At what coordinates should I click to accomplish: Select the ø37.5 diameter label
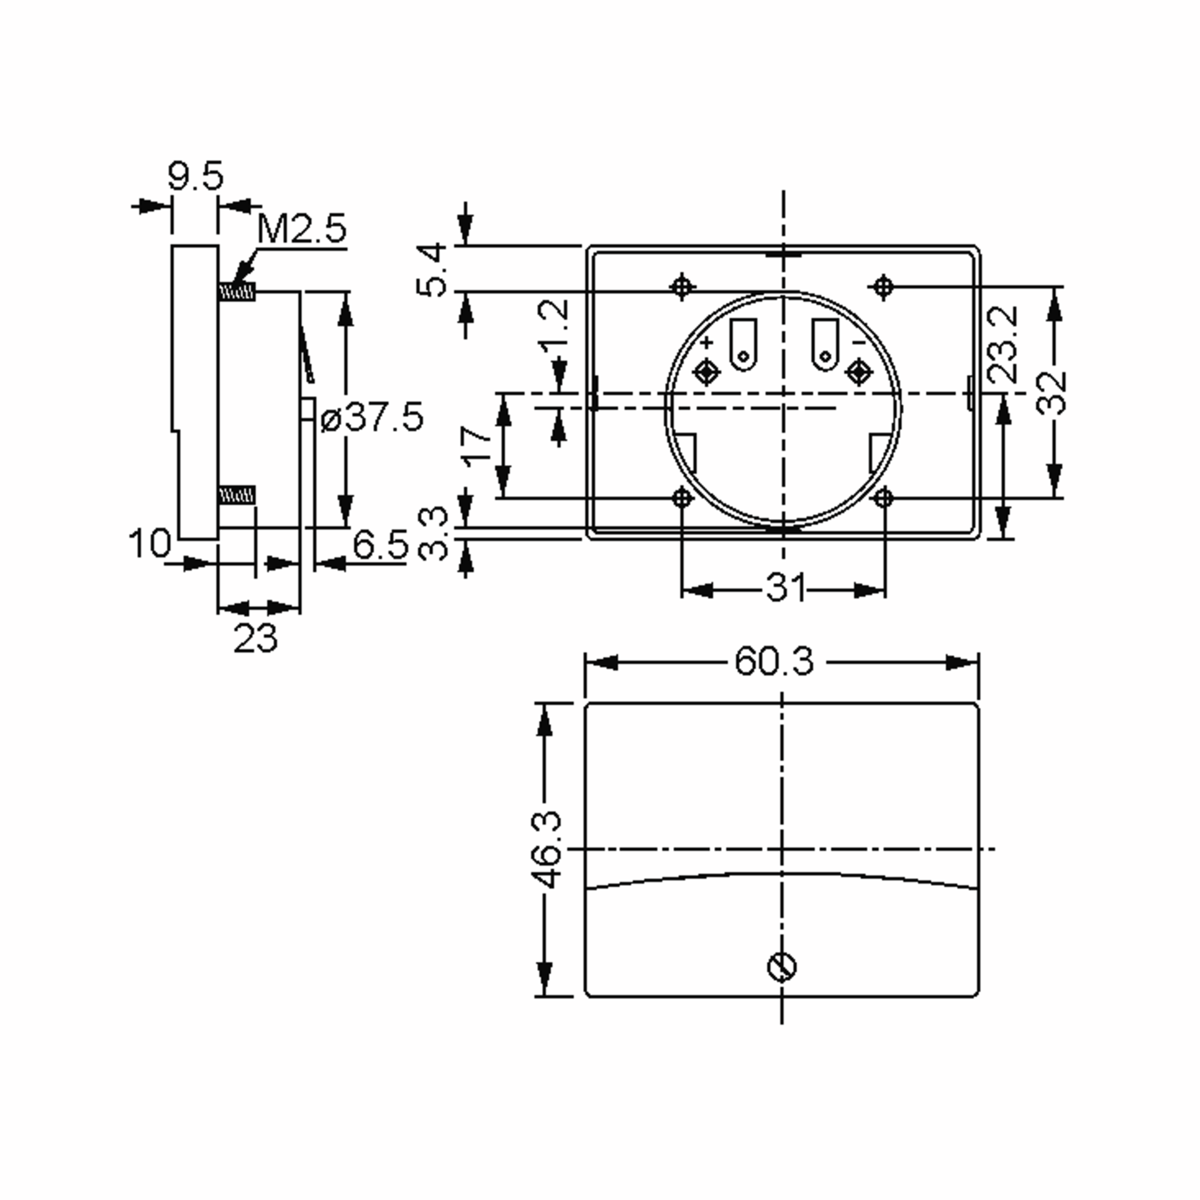[371, 417]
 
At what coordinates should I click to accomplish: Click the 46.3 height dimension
[546, 850]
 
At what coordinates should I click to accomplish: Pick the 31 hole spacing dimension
[785, 587]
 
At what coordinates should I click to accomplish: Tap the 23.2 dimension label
[1003, 344]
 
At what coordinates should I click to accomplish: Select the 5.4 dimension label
[431, 269]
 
